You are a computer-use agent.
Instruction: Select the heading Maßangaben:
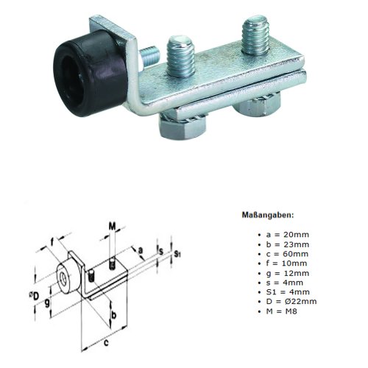click(269, 216)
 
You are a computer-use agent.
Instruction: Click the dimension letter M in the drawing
click(112, 224)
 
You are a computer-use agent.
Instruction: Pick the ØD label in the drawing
click(35, 276)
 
